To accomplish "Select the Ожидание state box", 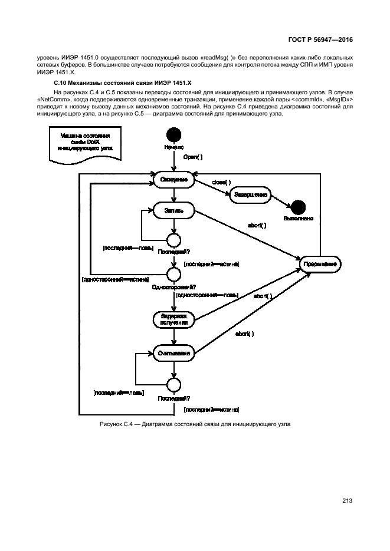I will [173, 179].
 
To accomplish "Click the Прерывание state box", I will [320, 265].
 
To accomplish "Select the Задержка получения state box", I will [173, 319].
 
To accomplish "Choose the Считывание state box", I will [173, 354].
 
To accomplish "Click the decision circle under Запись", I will [173, 239].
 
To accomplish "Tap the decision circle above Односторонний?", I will [173, 274].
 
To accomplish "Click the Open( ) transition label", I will [193, 157].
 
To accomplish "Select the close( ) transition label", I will [222, 183].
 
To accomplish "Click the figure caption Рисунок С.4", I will [195, 425].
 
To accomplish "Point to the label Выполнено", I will [298, 219].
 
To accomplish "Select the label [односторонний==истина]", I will [115, 279].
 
